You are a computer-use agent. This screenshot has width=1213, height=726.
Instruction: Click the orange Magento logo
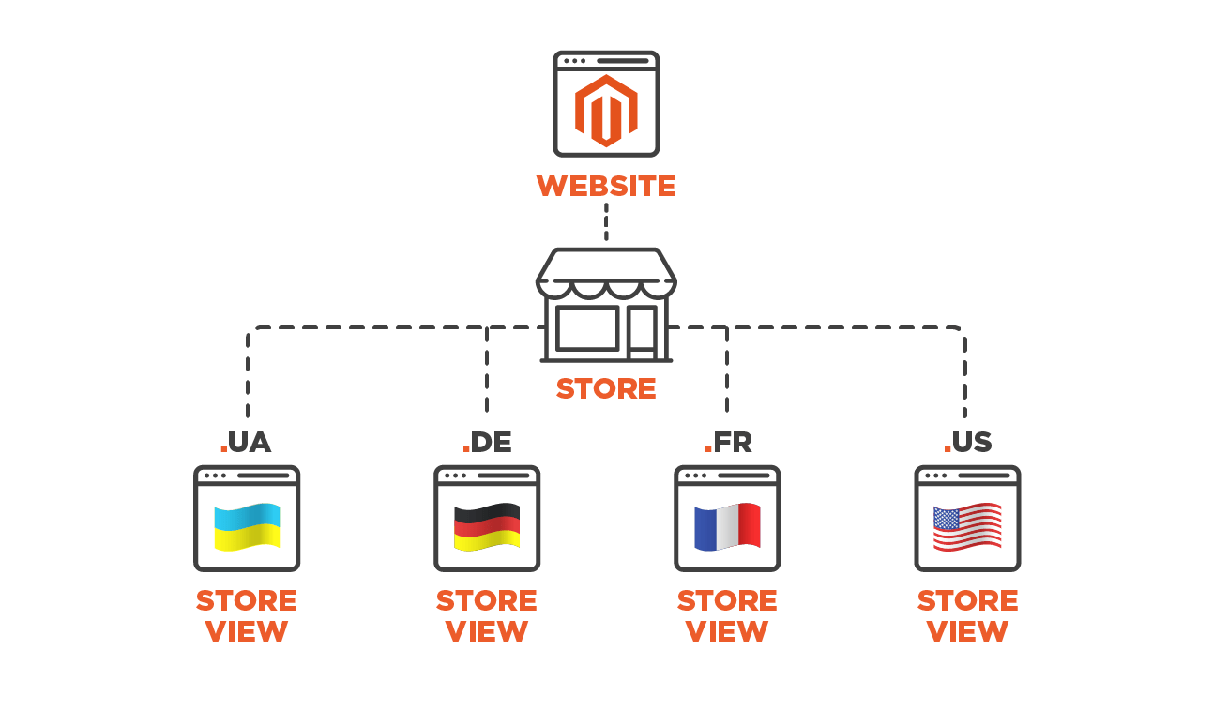[606, 111]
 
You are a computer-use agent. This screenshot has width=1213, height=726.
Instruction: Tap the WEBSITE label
[606, 186]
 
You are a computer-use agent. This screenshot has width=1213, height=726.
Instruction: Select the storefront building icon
[606, 305]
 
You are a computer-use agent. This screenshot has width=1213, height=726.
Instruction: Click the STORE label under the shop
[606, 388]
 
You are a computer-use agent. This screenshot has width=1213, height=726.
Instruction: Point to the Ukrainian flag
[247, 526]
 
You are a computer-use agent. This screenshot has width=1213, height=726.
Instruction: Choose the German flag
[487, 526]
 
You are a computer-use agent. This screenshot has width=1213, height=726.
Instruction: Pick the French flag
[727, 526]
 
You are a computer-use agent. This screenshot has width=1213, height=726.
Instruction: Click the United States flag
[967, 526]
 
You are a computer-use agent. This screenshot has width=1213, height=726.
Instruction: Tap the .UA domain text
[246, 443]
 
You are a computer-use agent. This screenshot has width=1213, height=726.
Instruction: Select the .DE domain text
[487, 443]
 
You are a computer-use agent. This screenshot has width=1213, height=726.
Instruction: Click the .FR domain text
[728, 443]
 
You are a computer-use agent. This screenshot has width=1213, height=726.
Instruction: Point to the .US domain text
[967, 443]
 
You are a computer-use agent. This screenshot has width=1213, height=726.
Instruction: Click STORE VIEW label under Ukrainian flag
[247, 615]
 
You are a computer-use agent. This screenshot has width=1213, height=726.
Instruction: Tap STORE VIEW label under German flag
[487, 615]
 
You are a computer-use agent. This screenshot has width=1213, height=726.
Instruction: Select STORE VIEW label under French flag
[727, 615]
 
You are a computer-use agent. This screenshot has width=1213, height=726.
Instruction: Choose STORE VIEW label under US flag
[967, 615]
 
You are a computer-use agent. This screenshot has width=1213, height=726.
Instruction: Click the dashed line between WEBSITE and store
[606, 223]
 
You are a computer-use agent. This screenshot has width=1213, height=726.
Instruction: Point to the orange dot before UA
[223, 450]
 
